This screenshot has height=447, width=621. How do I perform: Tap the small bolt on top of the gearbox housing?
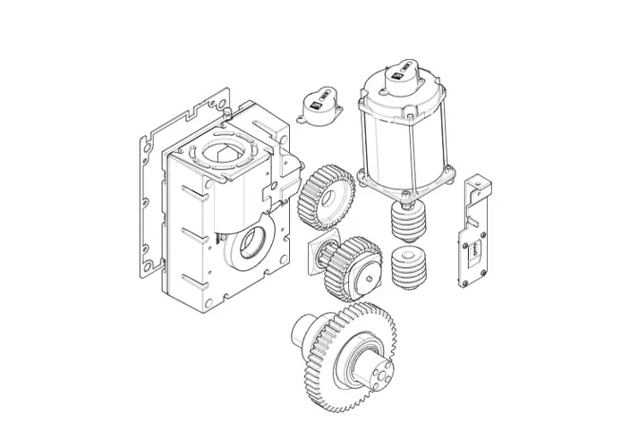pyautogui.click(x=229, y=111)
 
